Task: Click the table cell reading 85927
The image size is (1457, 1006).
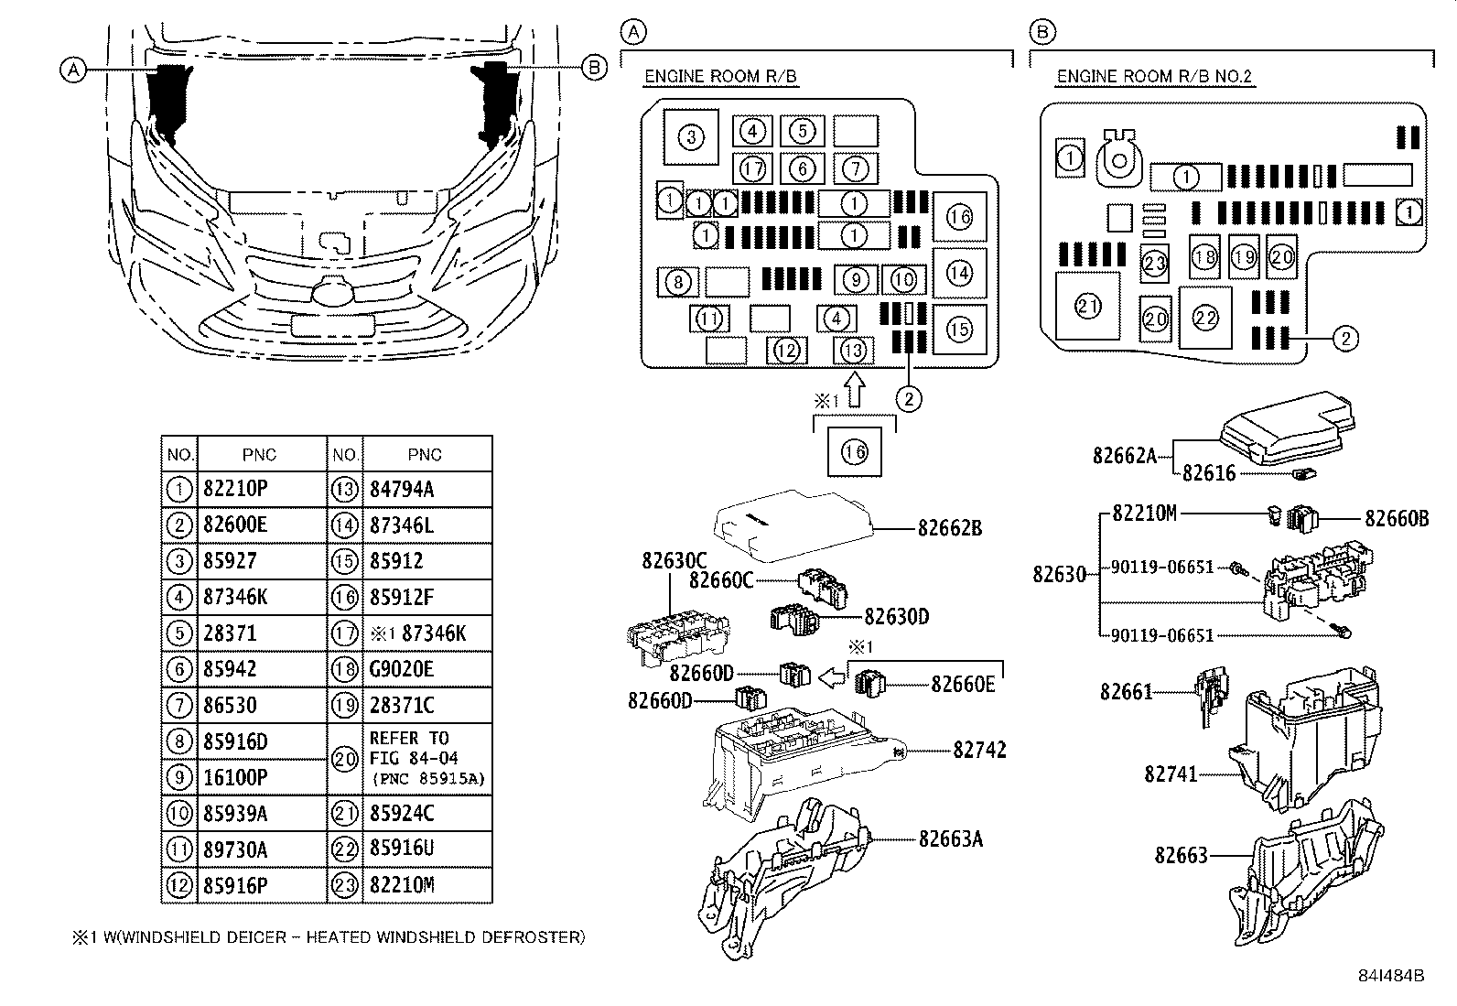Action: (x=230, y=561)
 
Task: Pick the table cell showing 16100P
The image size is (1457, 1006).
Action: (x=235, y=777)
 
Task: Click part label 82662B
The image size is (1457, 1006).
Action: (x=950, y=528)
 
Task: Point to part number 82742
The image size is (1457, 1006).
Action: (x=979, y=751)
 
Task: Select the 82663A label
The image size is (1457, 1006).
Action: (x=951, y=838)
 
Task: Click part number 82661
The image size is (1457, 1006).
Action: (x=1126, y=692)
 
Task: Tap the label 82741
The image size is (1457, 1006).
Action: (x=1171, y=774)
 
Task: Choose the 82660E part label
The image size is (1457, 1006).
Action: (x=963, y=683)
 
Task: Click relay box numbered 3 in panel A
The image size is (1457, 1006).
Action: (x=690, y=138)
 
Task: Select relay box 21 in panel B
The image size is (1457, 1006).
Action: (x=1087, y=307)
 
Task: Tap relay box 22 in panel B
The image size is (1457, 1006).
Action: (x=1205, y=318)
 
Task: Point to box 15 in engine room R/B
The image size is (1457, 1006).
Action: (x=958, y=329)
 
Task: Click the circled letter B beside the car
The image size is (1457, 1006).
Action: (x=594, y=68)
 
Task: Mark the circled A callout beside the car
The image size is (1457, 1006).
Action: (x=74, y=69)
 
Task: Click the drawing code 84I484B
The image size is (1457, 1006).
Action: (x=1391, y=976)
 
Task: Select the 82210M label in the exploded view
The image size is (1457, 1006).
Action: (x=1144, y=514)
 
